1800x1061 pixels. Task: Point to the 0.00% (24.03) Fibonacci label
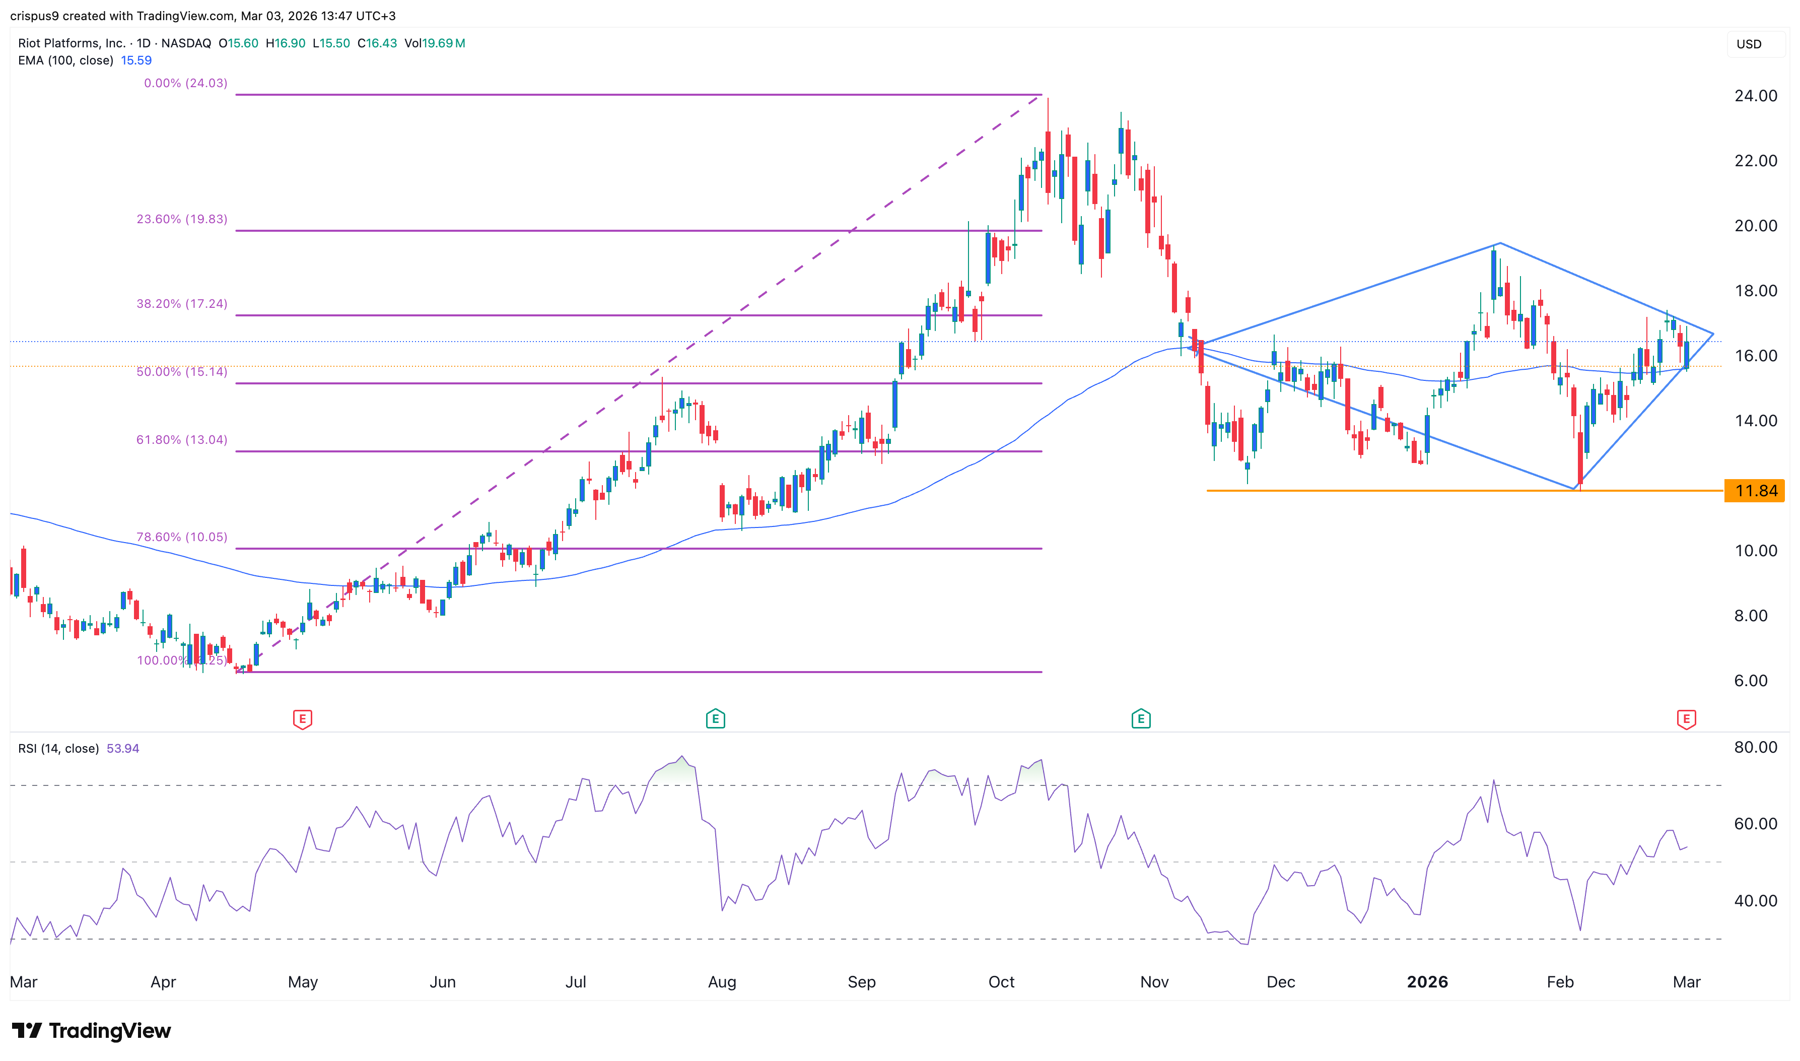click(186, 83)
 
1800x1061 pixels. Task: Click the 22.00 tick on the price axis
click(1755, 161)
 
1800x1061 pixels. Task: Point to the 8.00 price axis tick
click(1750, 616)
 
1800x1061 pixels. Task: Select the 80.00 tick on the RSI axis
click(1755, 747)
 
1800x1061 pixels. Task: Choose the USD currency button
click(1749, 44)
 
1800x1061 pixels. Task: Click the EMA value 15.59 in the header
click(136, 61)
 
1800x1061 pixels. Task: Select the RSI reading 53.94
click(123, 749)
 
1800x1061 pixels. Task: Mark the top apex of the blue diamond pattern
click(1500, 244)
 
